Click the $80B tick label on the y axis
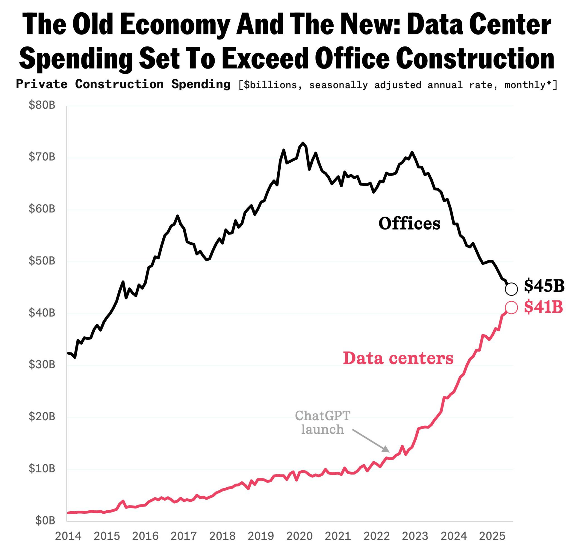42,105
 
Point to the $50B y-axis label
42,261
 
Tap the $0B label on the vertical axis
45,520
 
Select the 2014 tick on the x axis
68,536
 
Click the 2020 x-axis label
299,536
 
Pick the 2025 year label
492,536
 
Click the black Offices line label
409,223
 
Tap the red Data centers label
398,358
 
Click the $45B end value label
544,285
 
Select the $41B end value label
543,307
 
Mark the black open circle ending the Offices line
511,289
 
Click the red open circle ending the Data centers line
511,308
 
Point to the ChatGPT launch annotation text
323,422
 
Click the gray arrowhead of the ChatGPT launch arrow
387,449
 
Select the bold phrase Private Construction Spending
123,84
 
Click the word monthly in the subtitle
525,85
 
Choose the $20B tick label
42,416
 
